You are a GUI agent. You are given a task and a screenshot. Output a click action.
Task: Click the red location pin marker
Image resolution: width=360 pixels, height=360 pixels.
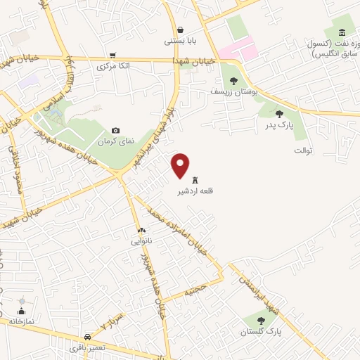click(x=181, y=165)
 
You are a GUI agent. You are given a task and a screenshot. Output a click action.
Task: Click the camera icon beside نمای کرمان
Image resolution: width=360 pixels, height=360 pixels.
click(x=116, y=130)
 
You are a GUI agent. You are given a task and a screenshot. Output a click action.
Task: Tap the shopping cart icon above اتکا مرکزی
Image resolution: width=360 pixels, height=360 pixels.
click(x=112, y=56)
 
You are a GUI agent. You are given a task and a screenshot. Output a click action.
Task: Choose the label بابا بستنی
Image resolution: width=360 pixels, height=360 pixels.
click(x=180, y=41)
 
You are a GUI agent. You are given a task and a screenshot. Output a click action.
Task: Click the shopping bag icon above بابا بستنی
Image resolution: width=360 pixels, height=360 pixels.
click(x=181, y=30)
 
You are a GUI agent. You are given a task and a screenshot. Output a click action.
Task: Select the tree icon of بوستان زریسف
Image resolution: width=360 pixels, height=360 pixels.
click(x=233, y=81)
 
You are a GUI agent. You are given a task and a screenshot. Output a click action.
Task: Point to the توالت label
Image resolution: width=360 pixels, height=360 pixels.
click(x=302, y=150)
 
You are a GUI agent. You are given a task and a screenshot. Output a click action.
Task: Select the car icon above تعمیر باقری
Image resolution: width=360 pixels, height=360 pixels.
click(x=86, y=337)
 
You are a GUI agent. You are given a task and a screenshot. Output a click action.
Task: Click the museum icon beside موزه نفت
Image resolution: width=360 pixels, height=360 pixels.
click(x=342, y=32)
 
